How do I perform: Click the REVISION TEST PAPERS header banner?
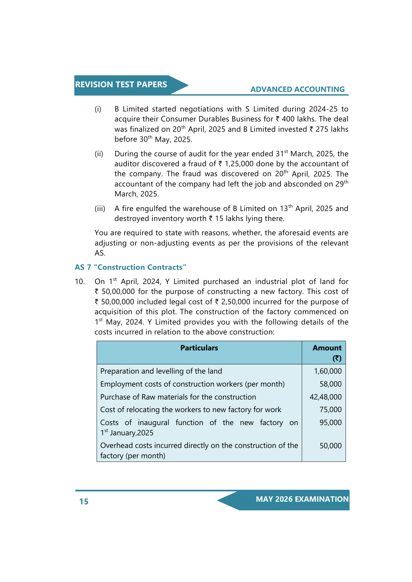(x=121, y=85)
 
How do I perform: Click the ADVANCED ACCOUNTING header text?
(x=297, y=89)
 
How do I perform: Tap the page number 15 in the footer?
(x=84, y=501)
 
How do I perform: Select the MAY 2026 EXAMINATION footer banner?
(x=302, y=499)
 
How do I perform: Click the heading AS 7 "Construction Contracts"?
(x=130, y=267)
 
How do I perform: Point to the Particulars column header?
(x=199, y=348)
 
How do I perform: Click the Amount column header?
(x=327, y=348)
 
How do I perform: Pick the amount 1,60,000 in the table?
(x=328, y=371)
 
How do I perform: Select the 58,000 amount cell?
(x=330, y=384)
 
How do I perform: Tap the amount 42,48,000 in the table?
(x=325, y=397)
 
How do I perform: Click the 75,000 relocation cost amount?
(x=330, y=410)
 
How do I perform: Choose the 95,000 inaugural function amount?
(x=330, y=423)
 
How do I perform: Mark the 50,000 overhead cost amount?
(x=330, y=446)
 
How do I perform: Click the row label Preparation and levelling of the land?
(x=161, y=371)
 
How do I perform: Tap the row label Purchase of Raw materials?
(x=178, y=397)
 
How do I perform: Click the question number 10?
(x=80, y=282)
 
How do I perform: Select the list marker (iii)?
(x=100, y=209)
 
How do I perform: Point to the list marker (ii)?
(x=99, y=154)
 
